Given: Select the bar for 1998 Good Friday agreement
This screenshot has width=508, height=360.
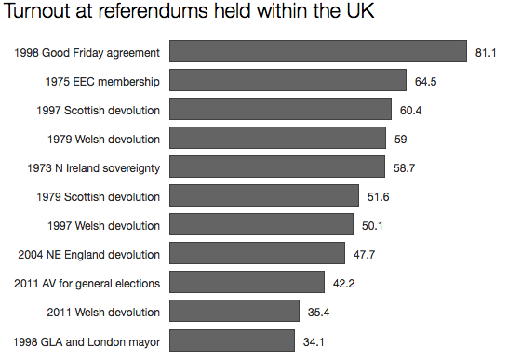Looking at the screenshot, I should point(317,52).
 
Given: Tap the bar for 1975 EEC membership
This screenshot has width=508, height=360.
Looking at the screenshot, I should point(287,81).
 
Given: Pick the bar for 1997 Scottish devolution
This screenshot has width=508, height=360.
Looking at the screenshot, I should point(280,110).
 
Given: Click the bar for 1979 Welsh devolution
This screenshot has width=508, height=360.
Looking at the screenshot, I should point(277,139).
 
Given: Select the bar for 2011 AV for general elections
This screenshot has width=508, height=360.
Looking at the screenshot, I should point(247,283).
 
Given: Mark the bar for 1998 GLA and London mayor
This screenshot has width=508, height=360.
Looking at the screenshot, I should point(232,340).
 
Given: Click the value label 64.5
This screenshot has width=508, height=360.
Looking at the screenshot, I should point(426,82).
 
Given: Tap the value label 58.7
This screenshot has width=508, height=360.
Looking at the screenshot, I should point(405,168).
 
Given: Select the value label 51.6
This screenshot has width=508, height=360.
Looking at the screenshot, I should point(379,197).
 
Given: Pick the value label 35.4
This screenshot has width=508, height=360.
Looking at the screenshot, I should point(318,312).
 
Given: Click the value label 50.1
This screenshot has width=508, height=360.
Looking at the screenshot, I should point(373,226).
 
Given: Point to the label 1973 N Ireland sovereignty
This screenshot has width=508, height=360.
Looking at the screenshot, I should point(95,168).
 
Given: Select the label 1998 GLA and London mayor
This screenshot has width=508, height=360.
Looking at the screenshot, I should point(90,340).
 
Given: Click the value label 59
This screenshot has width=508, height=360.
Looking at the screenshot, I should point(400,140).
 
